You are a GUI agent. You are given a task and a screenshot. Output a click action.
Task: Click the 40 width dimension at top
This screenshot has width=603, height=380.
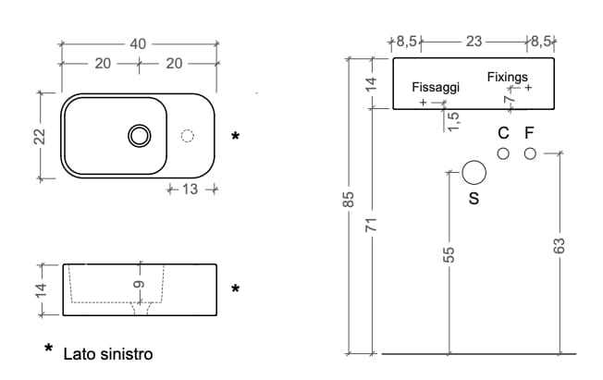139,43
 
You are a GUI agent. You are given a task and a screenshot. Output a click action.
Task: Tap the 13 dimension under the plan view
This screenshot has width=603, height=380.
191,190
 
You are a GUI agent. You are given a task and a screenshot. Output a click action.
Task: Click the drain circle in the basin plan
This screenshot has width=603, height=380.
140,136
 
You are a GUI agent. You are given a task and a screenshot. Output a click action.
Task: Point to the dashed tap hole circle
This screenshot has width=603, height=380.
188,136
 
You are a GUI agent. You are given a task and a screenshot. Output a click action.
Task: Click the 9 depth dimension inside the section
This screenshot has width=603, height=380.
138,288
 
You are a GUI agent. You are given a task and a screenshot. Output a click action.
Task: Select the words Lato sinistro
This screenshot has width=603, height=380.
108,354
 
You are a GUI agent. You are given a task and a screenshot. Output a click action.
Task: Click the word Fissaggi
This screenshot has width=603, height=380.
435,87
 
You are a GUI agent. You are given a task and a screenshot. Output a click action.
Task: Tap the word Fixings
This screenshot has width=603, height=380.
508,76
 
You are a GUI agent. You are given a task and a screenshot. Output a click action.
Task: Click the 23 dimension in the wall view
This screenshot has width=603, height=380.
474,42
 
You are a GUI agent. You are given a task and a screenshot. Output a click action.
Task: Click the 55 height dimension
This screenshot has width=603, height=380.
449,256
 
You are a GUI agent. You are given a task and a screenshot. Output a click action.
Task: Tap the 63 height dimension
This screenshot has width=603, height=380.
558,246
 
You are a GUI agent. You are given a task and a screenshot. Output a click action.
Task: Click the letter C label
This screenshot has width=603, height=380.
503,132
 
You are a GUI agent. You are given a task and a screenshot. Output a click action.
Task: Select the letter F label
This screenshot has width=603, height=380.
529,132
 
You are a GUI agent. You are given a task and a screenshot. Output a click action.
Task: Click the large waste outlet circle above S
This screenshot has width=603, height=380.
474,173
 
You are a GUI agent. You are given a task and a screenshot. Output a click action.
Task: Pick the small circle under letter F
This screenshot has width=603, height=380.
529,153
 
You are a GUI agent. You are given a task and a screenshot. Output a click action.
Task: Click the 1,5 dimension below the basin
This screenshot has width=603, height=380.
453,121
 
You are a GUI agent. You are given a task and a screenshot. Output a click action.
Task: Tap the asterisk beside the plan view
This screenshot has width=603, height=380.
236,137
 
